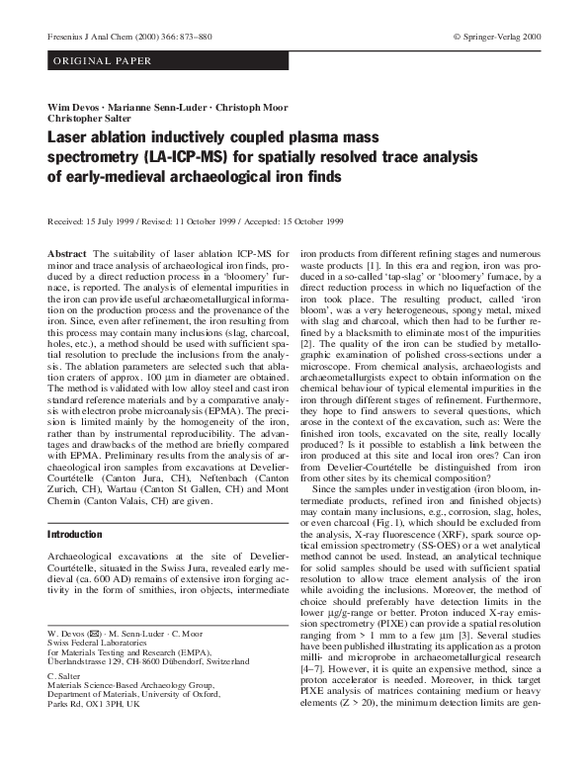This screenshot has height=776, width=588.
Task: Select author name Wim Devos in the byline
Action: point(74,106)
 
